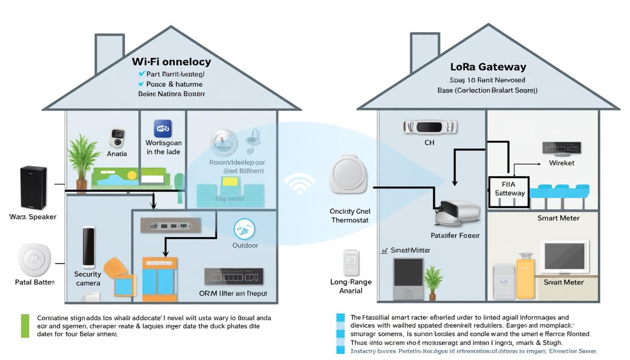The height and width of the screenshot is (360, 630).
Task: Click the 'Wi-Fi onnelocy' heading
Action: click(171, 61)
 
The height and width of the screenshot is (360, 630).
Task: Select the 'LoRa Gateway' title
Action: click(488, 67)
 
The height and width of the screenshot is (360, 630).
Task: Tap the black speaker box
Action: click(33, 187)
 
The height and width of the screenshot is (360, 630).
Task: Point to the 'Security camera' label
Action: click(88, 278)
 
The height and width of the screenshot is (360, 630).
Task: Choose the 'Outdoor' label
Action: click(245, 245)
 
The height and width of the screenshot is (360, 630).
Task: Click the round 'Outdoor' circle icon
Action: click(244, 230)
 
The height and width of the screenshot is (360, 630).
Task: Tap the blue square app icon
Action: click(163, 128)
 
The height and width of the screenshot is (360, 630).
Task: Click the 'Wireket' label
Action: click(562, 163)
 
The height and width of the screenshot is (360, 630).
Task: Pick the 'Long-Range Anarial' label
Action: click(351, 286)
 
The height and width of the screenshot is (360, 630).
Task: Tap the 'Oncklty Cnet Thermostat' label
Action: click(350, 216)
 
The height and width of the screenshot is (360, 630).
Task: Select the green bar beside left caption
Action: click(25, 326)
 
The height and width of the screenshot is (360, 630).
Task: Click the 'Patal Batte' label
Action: click(35, 282)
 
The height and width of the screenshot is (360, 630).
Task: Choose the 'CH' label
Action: click(429, 142)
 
